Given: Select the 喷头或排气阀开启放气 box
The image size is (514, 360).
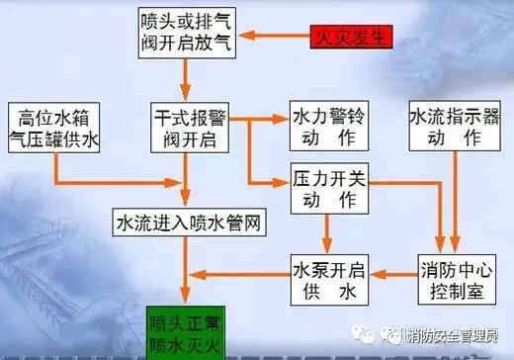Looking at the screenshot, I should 182,34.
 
